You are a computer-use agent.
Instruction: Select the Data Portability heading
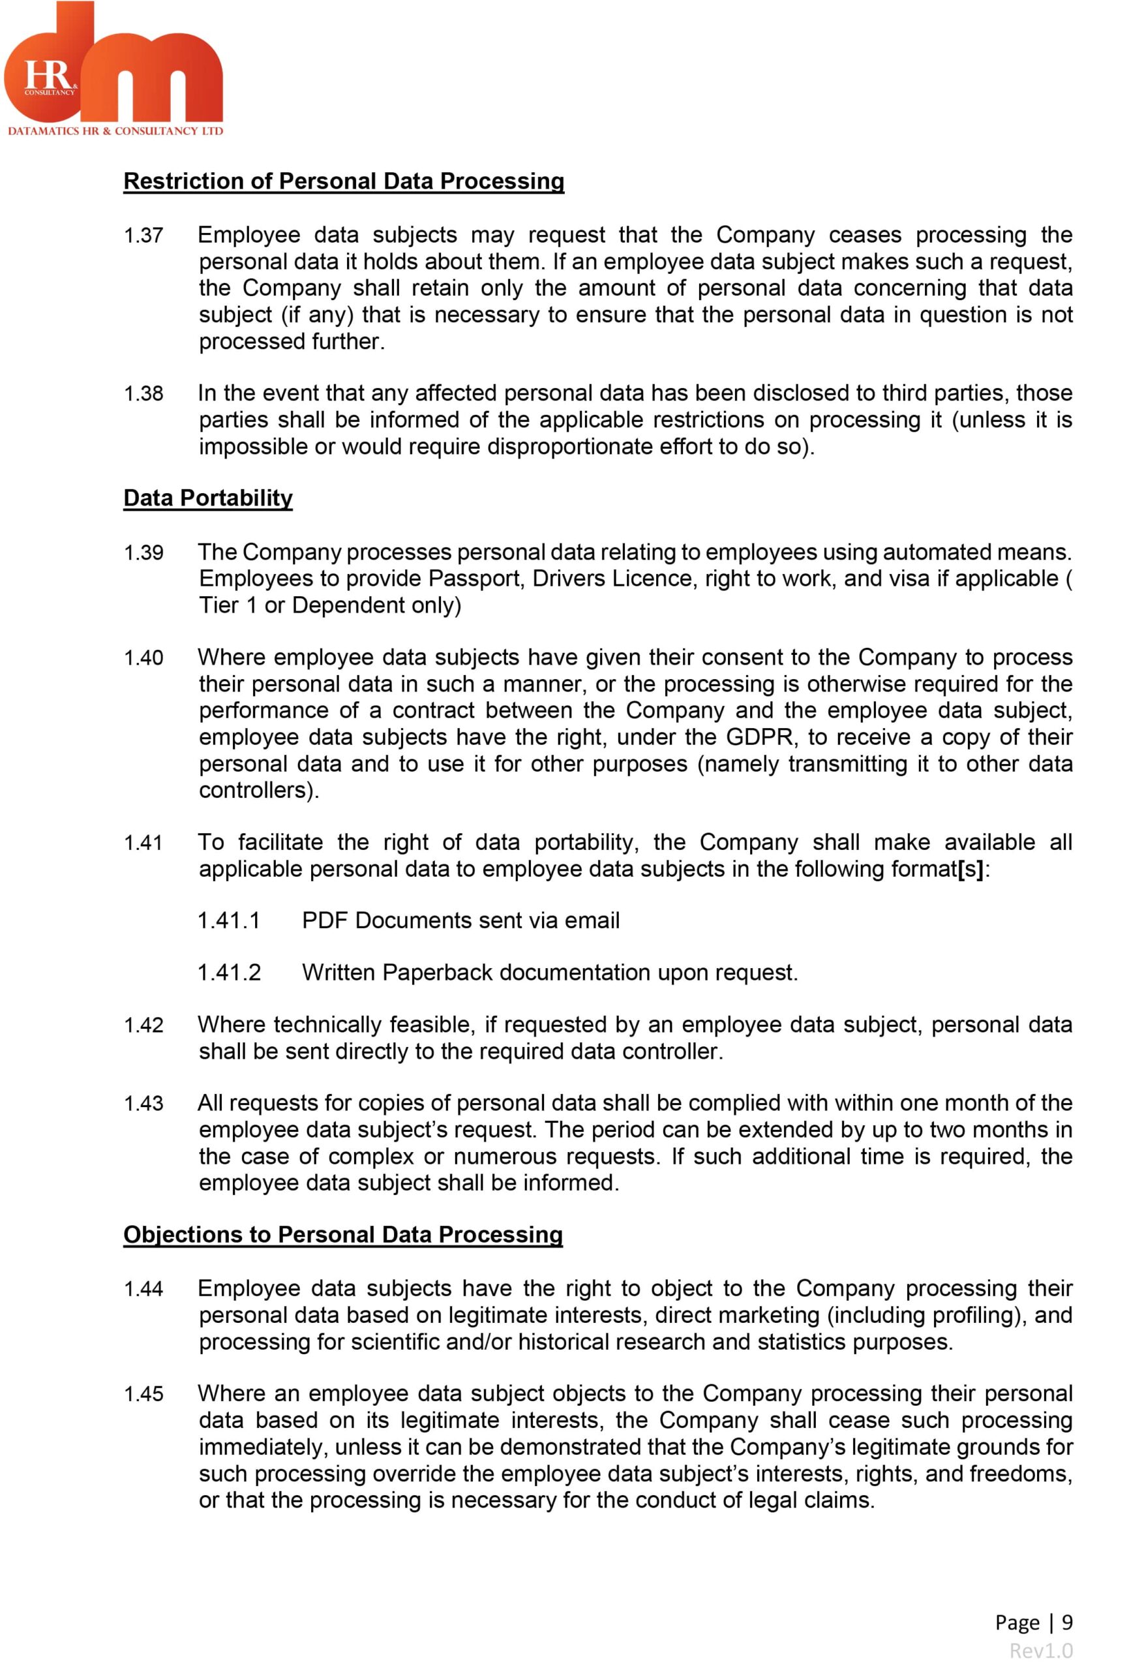pyautogui.click(x=207, y=497)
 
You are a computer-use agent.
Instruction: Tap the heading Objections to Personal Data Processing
pyautogui.click(x=343, y=1234)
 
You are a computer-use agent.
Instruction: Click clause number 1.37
pyautogui.click(x=143, y=235)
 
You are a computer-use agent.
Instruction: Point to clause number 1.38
pyautogui.click(x=143, y=393)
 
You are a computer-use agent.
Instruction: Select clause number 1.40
pyautogui.click(x=143, y=658)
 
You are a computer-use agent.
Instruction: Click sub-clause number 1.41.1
pyautogui.click(x=228, y=920)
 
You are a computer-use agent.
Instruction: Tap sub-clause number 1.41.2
pyautogui.click(x=228, y=972)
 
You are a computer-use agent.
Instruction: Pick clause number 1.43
pyautogui.click(x=143, y=1103)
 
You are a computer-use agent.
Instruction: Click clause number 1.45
pyautogui.click(x=143, y=1393)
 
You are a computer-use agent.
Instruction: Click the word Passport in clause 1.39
pyautogui.click(x=475, y=579)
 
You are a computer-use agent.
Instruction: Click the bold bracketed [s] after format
pyautogui.click(x=970, y=869)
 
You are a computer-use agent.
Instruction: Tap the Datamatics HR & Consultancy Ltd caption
pyautogui.click(x=115, y=130)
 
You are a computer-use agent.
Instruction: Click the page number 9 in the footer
pyautogui.click(x=1066, y=1622)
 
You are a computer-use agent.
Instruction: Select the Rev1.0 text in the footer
pyautogui.click(x=1040, y=1650)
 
